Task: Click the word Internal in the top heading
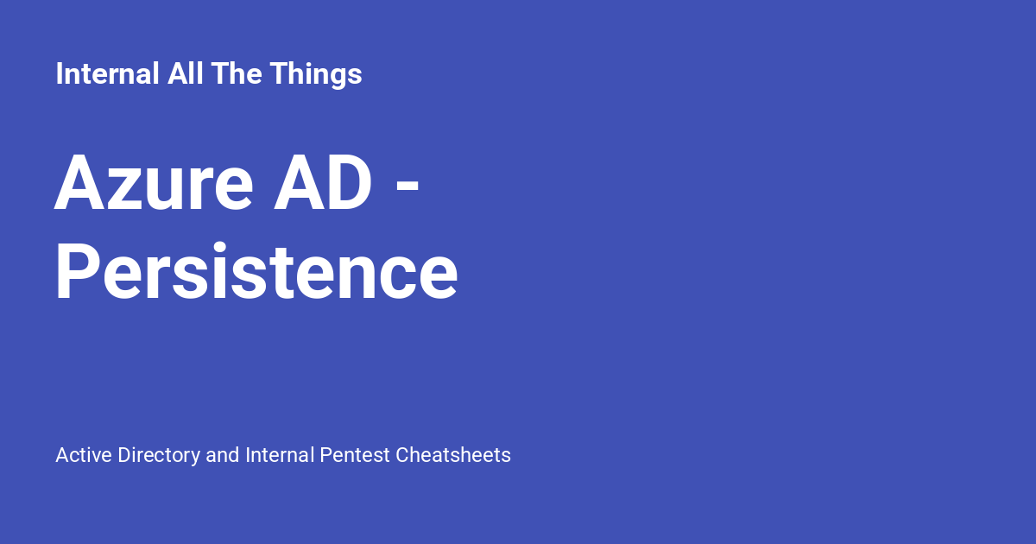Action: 107,74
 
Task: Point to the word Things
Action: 315,74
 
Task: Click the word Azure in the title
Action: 155,183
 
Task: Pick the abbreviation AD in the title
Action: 323,183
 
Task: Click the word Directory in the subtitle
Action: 159,455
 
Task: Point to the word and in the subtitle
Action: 223,455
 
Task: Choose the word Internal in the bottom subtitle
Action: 280,455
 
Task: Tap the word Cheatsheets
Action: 453,455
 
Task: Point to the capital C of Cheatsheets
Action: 402,455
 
